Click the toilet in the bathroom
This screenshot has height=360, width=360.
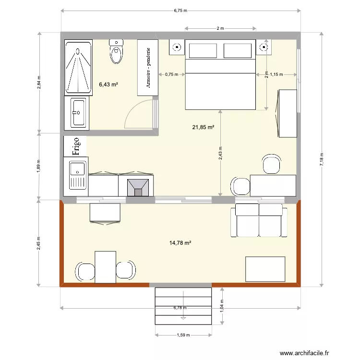click(117, 51)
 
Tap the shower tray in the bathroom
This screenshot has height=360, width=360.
click(79, 67)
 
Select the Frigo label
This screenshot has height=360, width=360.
click(75, 146)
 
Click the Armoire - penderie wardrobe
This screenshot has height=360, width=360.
click(148, 68)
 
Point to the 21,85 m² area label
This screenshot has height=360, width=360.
click(203, 127)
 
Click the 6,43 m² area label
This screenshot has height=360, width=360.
click(108, 84)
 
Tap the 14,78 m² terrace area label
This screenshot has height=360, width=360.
click(180, 243)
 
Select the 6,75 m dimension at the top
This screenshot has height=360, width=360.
click(180, 11)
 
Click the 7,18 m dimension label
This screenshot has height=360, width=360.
click(322, 159)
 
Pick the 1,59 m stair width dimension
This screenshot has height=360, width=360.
click(183, 335)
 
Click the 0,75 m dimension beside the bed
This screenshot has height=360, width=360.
click(172, 74)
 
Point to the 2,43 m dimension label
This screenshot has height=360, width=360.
click(220, 153)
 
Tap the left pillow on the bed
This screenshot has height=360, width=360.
click(203, 51)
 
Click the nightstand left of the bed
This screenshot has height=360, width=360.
click(177, 47)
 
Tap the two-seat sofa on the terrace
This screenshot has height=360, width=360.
click(259, 220)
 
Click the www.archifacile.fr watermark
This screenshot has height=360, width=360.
click(304, 353)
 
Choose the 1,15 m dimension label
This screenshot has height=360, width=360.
click(276, 74)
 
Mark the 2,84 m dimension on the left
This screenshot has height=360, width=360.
click(39, 83)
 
